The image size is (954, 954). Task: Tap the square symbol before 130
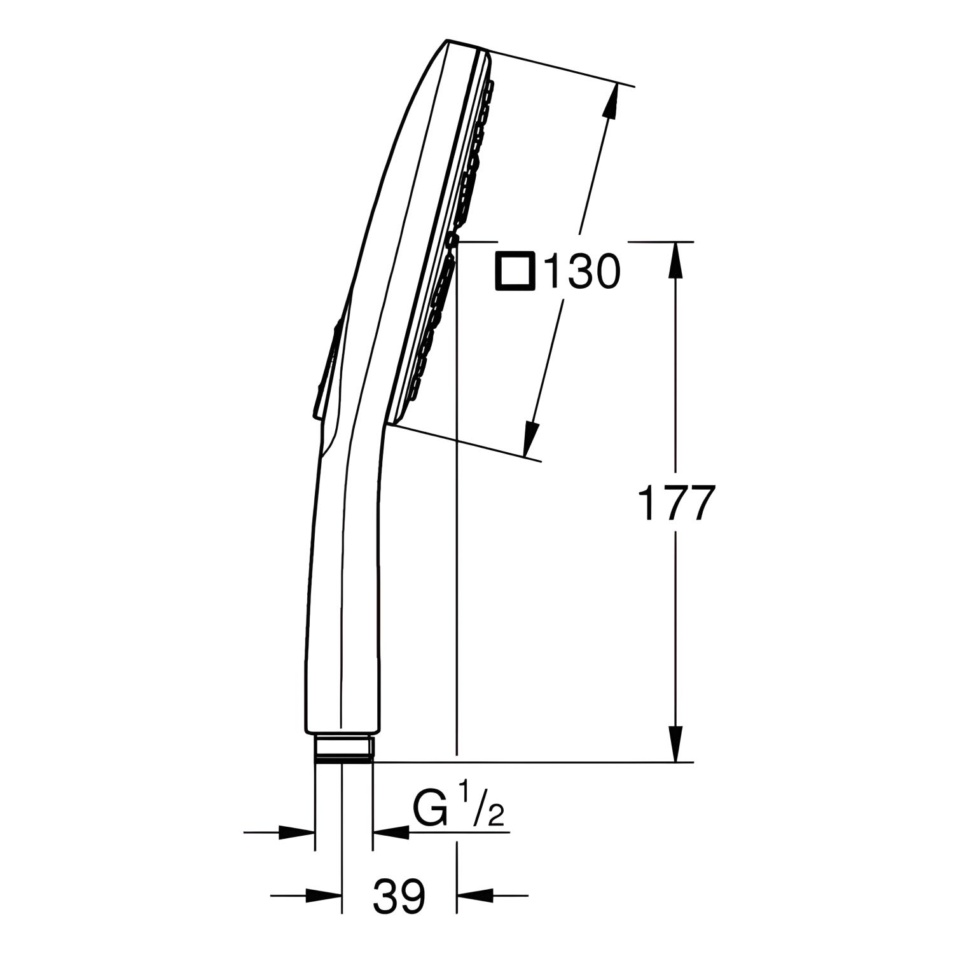515,272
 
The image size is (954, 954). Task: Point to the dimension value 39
399,896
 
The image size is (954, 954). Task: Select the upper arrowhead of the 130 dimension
612,101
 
